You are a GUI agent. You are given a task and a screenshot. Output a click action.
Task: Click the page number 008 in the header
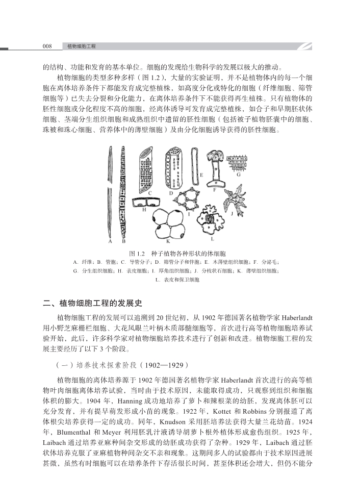tap(48, 46)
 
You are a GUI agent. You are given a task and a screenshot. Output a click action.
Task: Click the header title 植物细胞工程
tap(82, 46)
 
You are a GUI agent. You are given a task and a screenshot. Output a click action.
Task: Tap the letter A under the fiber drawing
tap(109, 241)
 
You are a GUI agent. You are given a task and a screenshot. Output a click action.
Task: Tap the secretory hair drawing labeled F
tap(215, 168)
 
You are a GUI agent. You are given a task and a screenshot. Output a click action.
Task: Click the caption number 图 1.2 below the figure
tap(138, 253)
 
